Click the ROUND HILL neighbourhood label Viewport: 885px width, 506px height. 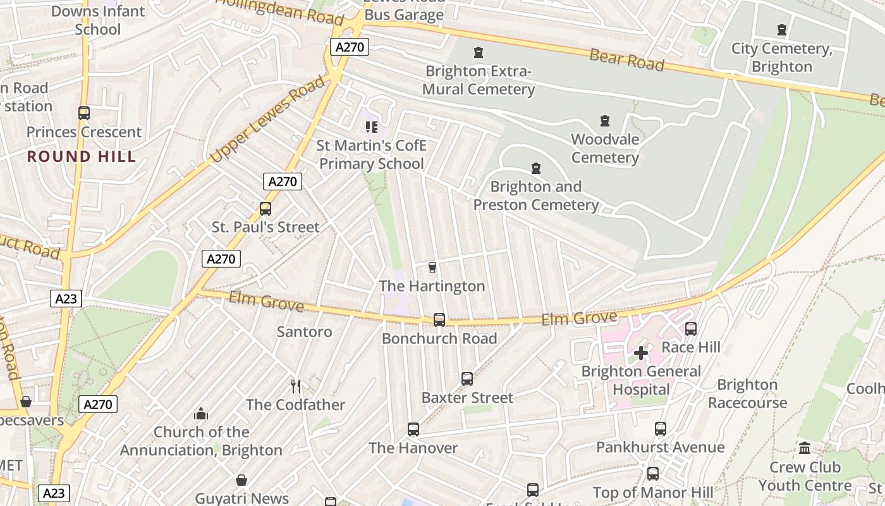point(82,157)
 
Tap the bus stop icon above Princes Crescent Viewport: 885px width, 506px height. point(84,113)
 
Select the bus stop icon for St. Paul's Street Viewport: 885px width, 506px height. point(265,208)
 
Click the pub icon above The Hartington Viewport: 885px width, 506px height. point(432,268)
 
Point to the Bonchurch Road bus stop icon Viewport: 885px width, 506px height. point(439,320)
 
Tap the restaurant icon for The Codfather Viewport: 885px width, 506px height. point(296,386)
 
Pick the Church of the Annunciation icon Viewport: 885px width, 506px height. point(201,414)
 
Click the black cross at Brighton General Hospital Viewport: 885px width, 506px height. point(641,353)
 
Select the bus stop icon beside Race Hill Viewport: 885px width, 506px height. point(691,329)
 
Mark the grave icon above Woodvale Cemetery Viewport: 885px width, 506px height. point(605,121)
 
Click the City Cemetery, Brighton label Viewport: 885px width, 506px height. point(782,58)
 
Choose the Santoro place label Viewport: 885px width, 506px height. point(304,331)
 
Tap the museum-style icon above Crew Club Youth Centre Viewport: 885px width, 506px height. point(805,448)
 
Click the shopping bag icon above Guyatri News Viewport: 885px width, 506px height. point(241,480)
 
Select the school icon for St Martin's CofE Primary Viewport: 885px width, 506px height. point(372,127)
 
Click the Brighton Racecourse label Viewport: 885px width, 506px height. point(747,393)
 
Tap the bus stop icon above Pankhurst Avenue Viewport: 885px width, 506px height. point(661,429)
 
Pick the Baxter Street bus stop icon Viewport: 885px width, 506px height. point(467,379)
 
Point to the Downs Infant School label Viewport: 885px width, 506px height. point(98,20)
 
